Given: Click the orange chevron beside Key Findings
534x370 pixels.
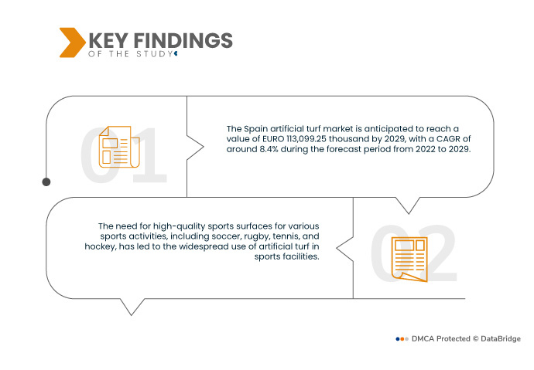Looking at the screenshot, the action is coord(72,42).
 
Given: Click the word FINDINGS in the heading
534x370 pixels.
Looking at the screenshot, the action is coord(183,40).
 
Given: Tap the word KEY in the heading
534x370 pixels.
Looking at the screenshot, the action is coord(108,40).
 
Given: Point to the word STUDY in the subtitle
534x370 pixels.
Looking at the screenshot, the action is coord(155,54).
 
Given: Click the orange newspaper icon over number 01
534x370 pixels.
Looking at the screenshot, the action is coord(119,147).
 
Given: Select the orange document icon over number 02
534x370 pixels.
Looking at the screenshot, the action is coord(409,260).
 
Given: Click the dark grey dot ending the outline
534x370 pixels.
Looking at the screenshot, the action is coord(46,182).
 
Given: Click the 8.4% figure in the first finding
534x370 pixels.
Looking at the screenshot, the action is coord(269,149).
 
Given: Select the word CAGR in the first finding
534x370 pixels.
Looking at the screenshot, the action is coord(448,139).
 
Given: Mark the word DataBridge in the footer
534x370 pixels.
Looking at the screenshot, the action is coord(501,339).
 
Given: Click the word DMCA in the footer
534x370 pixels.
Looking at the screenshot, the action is coord(423,339).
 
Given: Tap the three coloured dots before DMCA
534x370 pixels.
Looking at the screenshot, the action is coord(402,339).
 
